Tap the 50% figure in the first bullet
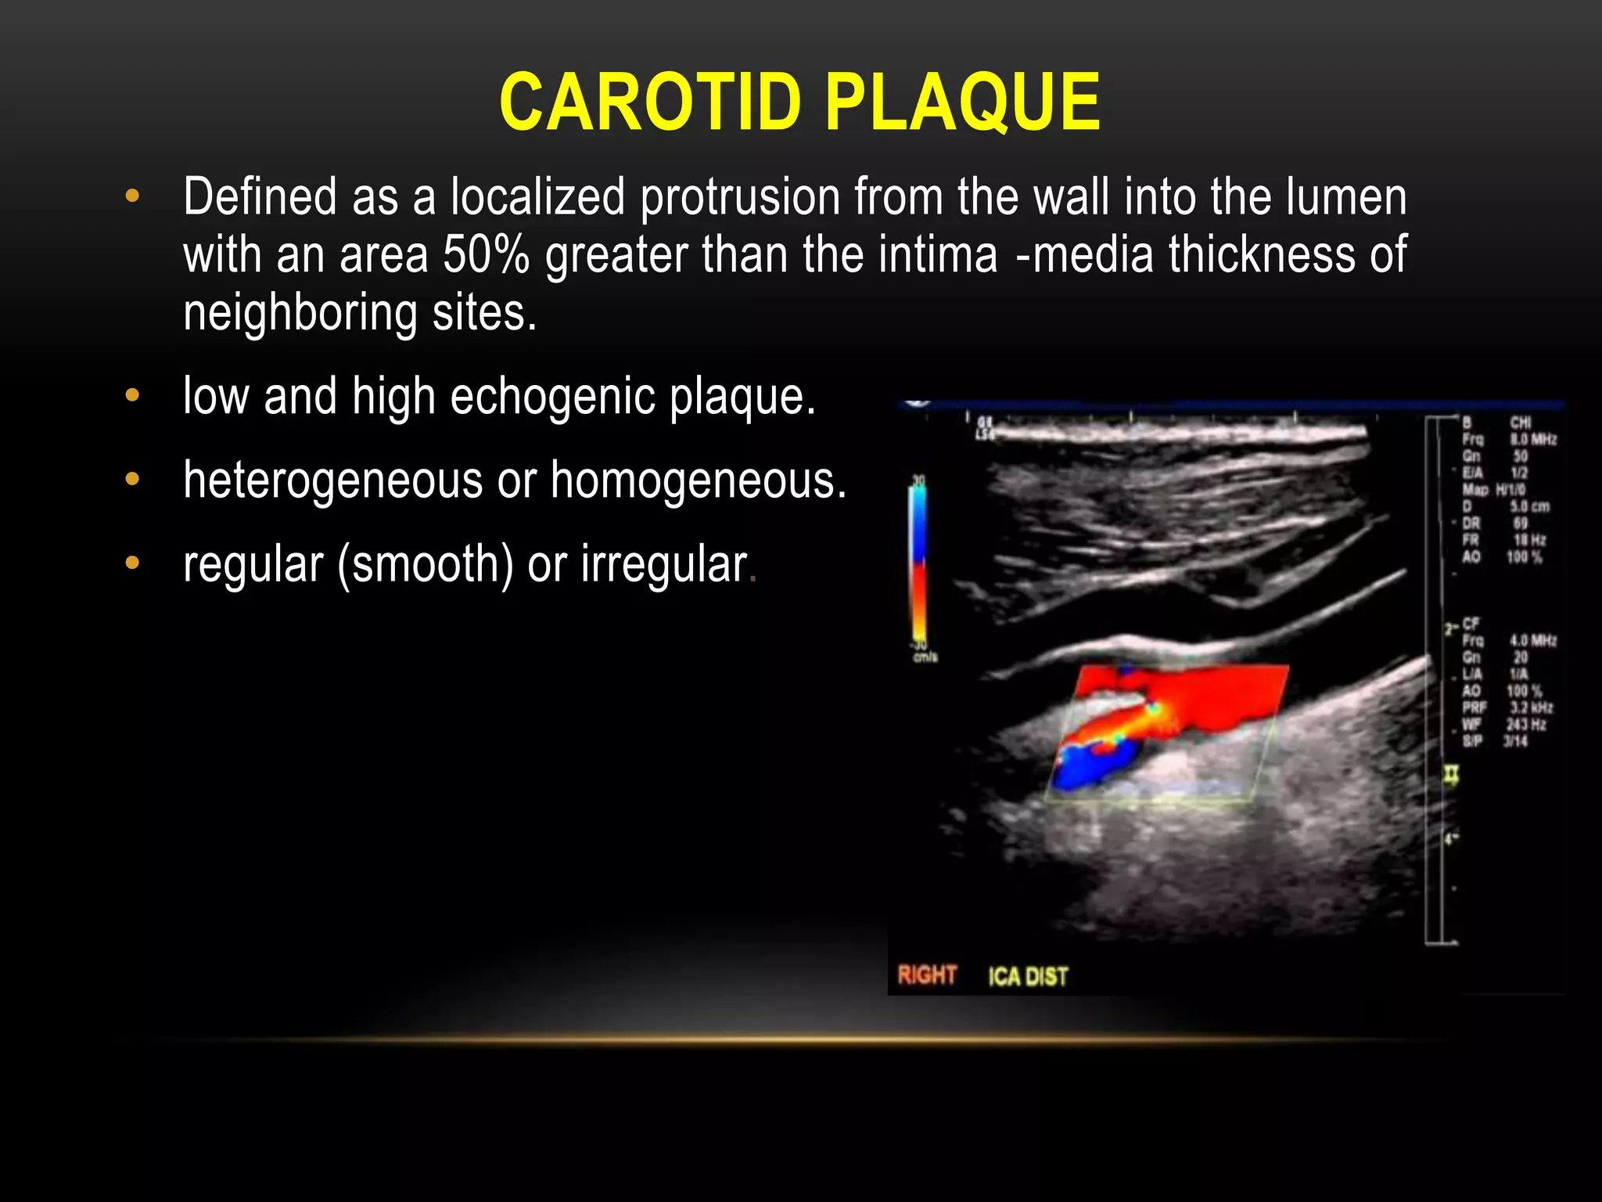point(486,255)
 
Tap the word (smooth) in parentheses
point(426,564)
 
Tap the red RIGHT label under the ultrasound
point(927,975)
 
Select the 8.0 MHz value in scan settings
point(1533,439)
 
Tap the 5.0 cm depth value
point(1529,506)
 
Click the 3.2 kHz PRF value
point(1531,707)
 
